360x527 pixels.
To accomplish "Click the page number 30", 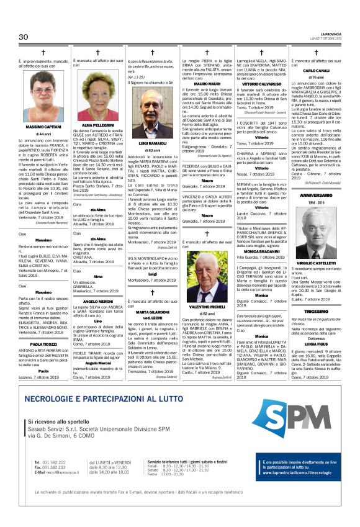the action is pos(24,37).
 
